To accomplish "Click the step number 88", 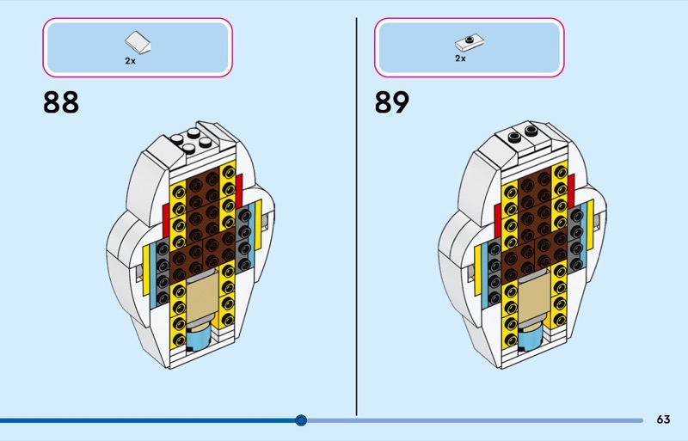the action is pyautogui.click(x=61, y=102).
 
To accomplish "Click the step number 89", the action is pyautogui.click(x=392, y=102).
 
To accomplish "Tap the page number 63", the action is pyautogui.click(x=663, y=420).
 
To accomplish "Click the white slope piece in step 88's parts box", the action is pyautogui.click(x=138, y=43).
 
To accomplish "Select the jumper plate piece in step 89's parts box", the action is pyautogui.click(x=470, y=43).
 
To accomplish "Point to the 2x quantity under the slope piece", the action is pyautogui.click(x=131, y=61).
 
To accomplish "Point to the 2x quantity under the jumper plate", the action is pyautogui.click(x=460, y=58).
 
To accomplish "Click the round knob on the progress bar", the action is pyautogui.click(x=301, y=420).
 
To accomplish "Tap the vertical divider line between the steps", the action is pyautogui.click(x=356, y=217).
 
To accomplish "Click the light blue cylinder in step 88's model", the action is pyautogui.click(x=200, y=337).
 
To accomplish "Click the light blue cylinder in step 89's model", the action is pyautogui.click(x=531, y=337).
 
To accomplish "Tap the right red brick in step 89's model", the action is pyautogui.click(x=571, y=192).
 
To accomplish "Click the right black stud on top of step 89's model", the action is pyautogui.click(x=531, y=130).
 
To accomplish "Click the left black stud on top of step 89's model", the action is pyautogui.click(x=514, y=137).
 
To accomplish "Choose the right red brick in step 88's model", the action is pyautogui.click(x=239, y=192).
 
